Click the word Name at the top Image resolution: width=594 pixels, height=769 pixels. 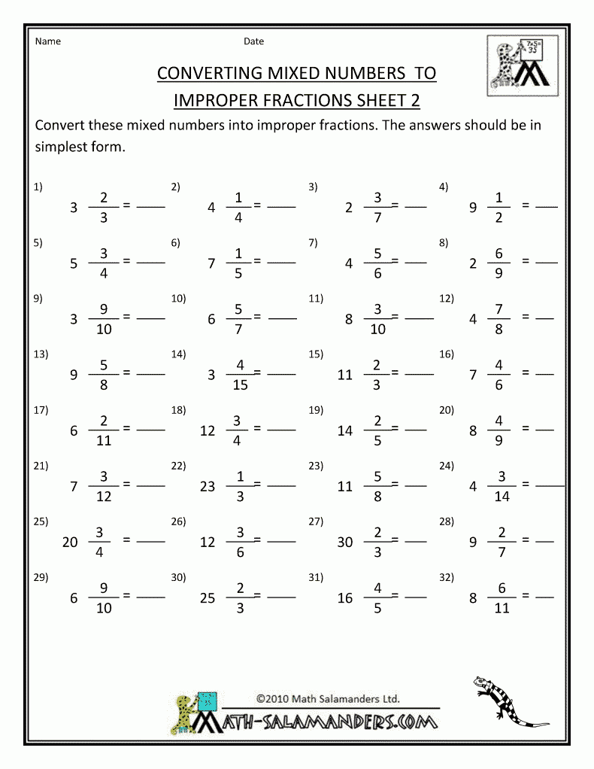(x=47, y=41)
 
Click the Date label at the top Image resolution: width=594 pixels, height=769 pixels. (x=253, y=41)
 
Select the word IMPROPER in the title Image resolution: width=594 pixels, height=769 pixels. (x=220, y=100)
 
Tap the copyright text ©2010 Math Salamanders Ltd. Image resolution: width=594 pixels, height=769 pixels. (x=327, y=698)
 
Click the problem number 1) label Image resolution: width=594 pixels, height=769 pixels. (x=38, y=187)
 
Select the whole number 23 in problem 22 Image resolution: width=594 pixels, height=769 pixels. (x=208, y=486)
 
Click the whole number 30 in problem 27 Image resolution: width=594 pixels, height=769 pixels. (x=345, y=542)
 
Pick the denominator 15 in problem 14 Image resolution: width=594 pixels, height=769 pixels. (x=241, y=386)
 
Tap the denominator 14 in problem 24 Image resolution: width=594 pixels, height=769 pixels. (x=502, y=497)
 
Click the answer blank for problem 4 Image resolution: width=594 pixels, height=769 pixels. (x=547, y=206)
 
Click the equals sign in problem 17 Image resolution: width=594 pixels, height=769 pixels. (x=127, y=428)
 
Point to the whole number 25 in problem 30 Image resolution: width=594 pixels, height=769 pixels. (x=208, y=598)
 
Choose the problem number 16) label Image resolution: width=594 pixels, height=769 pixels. (x=447, y=354)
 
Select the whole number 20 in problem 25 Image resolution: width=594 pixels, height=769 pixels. (x=70, y=542)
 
